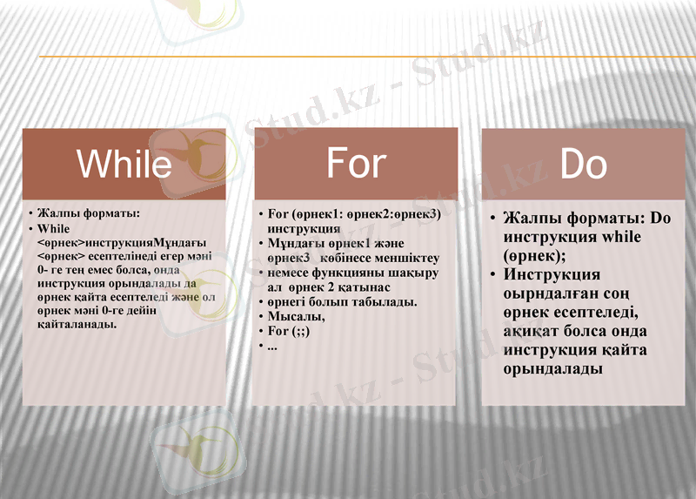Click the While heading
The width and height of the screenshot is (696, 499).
pos(124,163)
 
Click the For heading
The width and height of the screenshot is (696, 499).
pos(356,162)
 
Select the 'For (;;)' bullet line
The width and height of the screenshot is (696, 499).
pos(288,331)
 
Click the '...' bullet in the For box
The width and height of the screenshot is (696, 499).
pos(272,347)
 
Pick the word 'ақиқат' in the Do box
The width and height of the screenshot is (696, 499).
pos(533,332)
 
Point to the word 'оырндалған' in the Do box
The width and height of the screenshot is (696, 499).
pos(547,293)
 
